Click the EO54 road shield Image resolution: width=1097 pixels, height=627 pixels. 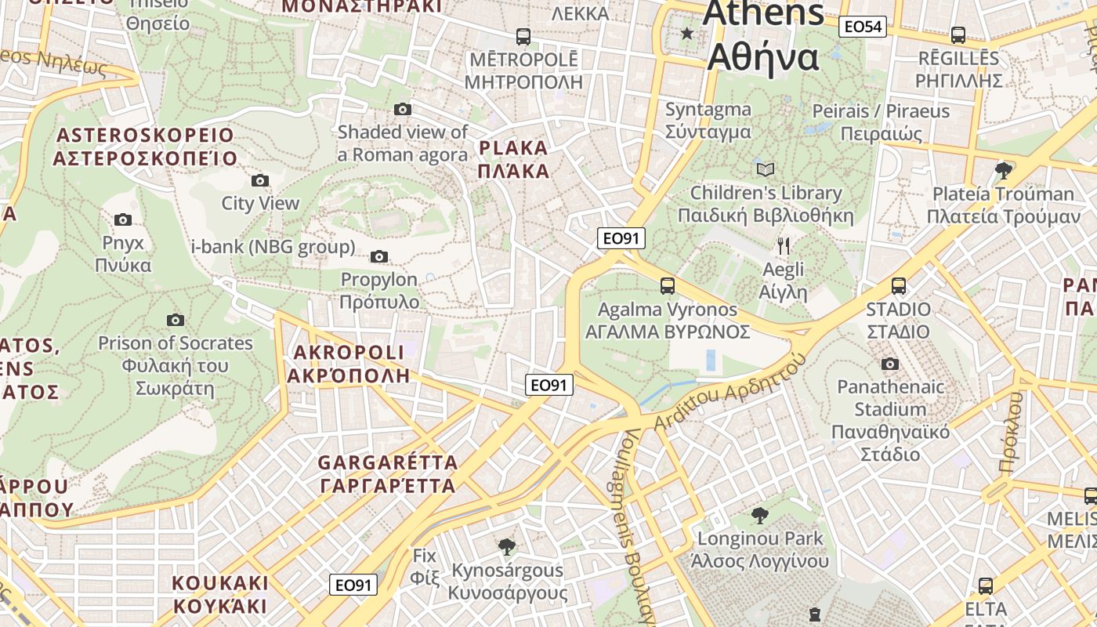click(x=862, y=27)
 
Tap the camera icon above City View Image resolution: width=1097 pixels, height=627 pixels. click(x=260, y=181)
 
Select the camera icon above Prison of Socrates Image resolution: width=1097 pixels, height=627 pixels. click(x=176, y=320)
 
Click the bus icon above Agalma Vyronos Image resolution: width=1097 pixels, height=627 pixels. click(x=667, y=286)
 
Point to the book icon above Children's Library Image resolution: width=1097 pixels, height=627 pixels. click(x=765, y=169)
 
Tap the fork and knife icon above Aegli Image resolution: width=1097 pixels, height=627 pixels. click(x=783, y=246)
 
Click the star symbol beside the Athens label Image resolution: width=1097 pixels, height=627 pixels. click(x=687, y=33)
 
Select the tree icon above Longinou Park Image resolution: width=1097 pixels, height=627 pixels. click(x=758, y=516)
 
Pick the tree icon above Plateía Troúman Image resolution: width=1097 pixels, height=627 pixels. click(x=1002, y=170)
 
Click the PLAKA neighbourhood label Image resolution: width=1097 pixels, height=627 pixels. click(x=513, y=159)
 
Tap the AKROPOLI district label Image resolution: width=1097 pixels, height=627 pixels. click(x=349, y=364)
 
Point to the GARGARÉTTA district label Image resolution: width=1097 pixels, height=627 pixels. click(x=388, y=474)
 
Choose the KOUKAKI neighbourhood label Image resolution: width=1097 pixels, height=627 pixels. click(x=220, y=595)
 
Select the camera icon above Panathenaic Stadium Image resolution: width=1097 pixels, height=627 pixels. click(x=889, y=364)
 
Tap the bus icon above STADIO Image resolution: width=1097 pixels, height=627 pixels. click(x=898, y=286)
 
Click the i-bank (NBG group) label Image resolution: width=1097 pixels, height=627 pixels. click(x=273, y=247)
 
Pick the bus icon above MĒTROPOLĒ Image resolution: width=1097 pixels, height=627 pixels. click(x=523, y=36)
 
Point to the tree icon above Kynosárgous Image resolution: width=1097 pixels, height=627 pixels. click(x=506, y=546)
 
